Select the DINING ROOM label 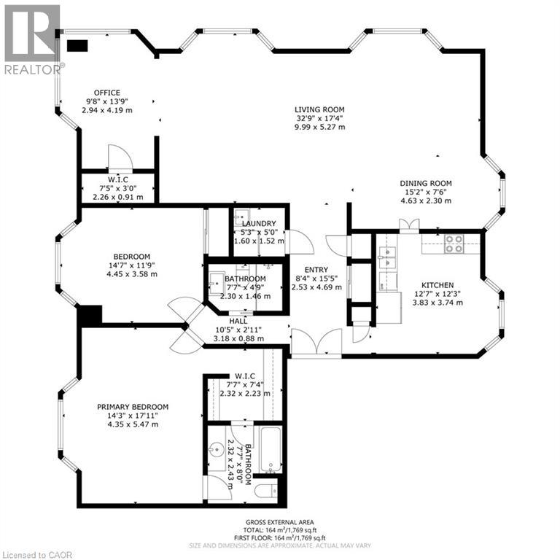(426, 183)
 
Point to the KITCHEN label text (437, 285)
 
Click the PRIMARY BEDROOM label (133, 407)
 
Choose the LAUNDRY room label (259, 223)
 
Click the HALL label (238, 319)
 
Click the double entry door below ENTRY (316, 343)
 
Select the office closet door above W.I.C (117, 157)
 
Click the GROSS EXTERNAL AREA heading (280, 523)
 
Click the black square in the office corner (77, 45)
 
